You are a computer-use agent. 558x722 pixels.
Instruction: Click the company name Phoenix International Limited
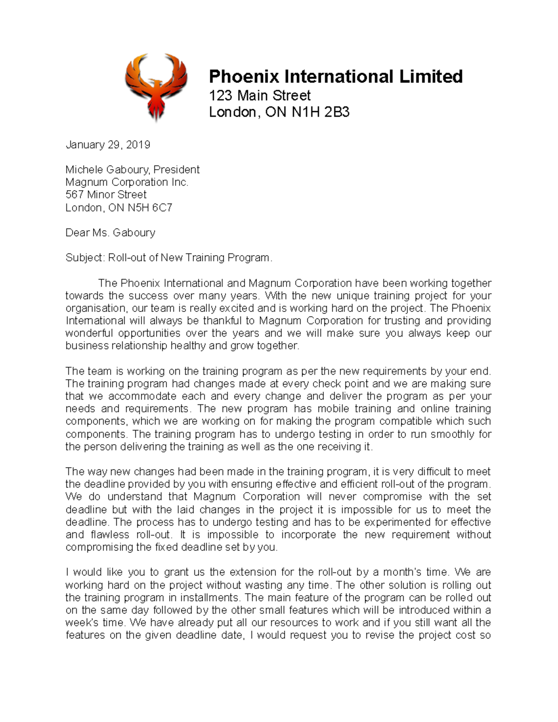point(335,77)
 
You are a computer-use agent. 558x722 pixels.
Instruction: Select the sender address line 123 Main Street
point(259,96)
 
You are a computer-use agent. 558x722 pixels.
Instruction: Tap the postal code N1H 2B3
point(320,113)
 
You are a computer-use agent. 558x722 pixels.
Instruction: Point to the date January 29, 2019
point(107,145)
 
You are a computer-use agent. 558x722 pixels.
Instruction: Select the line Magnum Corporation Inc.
point(126,182)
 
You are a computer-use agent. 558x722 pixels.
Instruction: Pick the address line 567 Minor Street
point(106,195)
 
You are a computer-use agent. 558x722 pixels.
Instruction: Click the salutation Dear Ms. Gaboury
point(110,232)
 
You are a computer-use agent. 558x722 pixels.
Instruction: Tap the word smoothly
point(453,434)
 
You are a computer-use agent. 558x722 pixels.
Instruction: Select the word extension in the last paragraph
point(252,572)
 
